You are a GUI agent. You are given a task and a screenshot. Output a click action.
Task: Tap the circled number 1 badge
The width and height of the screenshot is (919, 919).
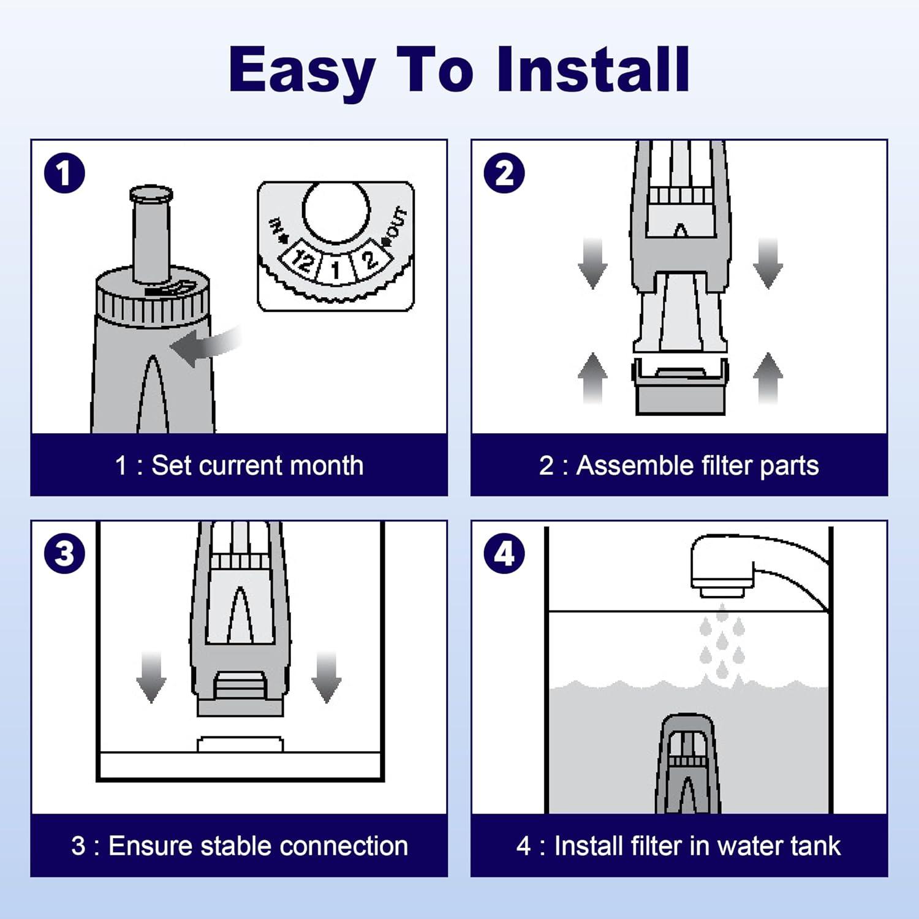(x=64, y=173)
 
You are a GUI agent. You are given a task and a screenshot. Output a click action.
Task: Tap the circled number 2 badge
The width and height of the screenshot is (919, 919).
(x=504, y=173)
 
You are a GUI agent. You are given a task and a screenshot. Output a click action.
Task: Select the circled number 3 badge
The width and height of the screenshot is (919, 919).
(x=64, y=554)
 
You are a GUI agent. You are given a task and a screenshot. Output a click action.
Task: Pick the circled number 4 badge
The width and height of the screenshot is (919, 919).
(x=504, y=554)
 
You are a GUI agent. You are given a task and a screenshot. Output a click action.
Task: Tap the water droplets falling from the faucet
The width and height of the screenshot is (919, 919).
(x=722, y=641)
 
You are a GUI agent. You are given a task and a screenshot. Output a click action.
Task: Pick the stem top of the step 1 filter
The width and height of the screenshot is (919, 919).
(x=151, y=195)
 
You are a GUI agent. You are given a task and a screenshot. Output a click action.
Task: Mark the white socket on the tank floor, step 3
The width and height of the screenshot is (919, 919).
(x=240, y=744)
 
